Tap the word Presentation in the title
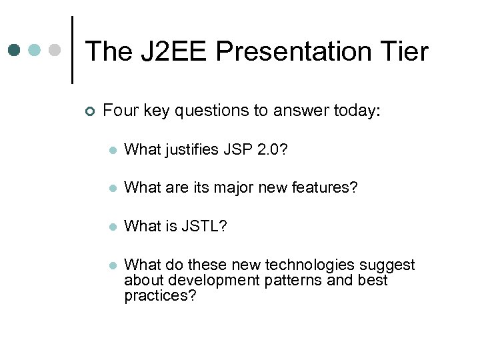[x=291, y=51]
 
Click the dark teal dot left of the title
[x=15, y=50]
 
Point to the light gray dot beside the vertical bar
[x=56, y=50]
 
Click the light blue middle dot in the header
[x=35, y=50]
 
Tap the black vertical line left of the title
[x=72, y=50]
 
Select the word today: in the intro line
[x=355, y=111]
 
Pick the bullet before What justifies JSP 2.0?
[x=113, y=151]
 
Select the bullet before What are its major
[x=113, y=189]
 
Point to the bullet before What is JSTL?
[x=113, y=227]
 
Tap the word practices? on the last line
[x=160, y=295]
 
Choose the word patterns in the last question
[x=296, y=280]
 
